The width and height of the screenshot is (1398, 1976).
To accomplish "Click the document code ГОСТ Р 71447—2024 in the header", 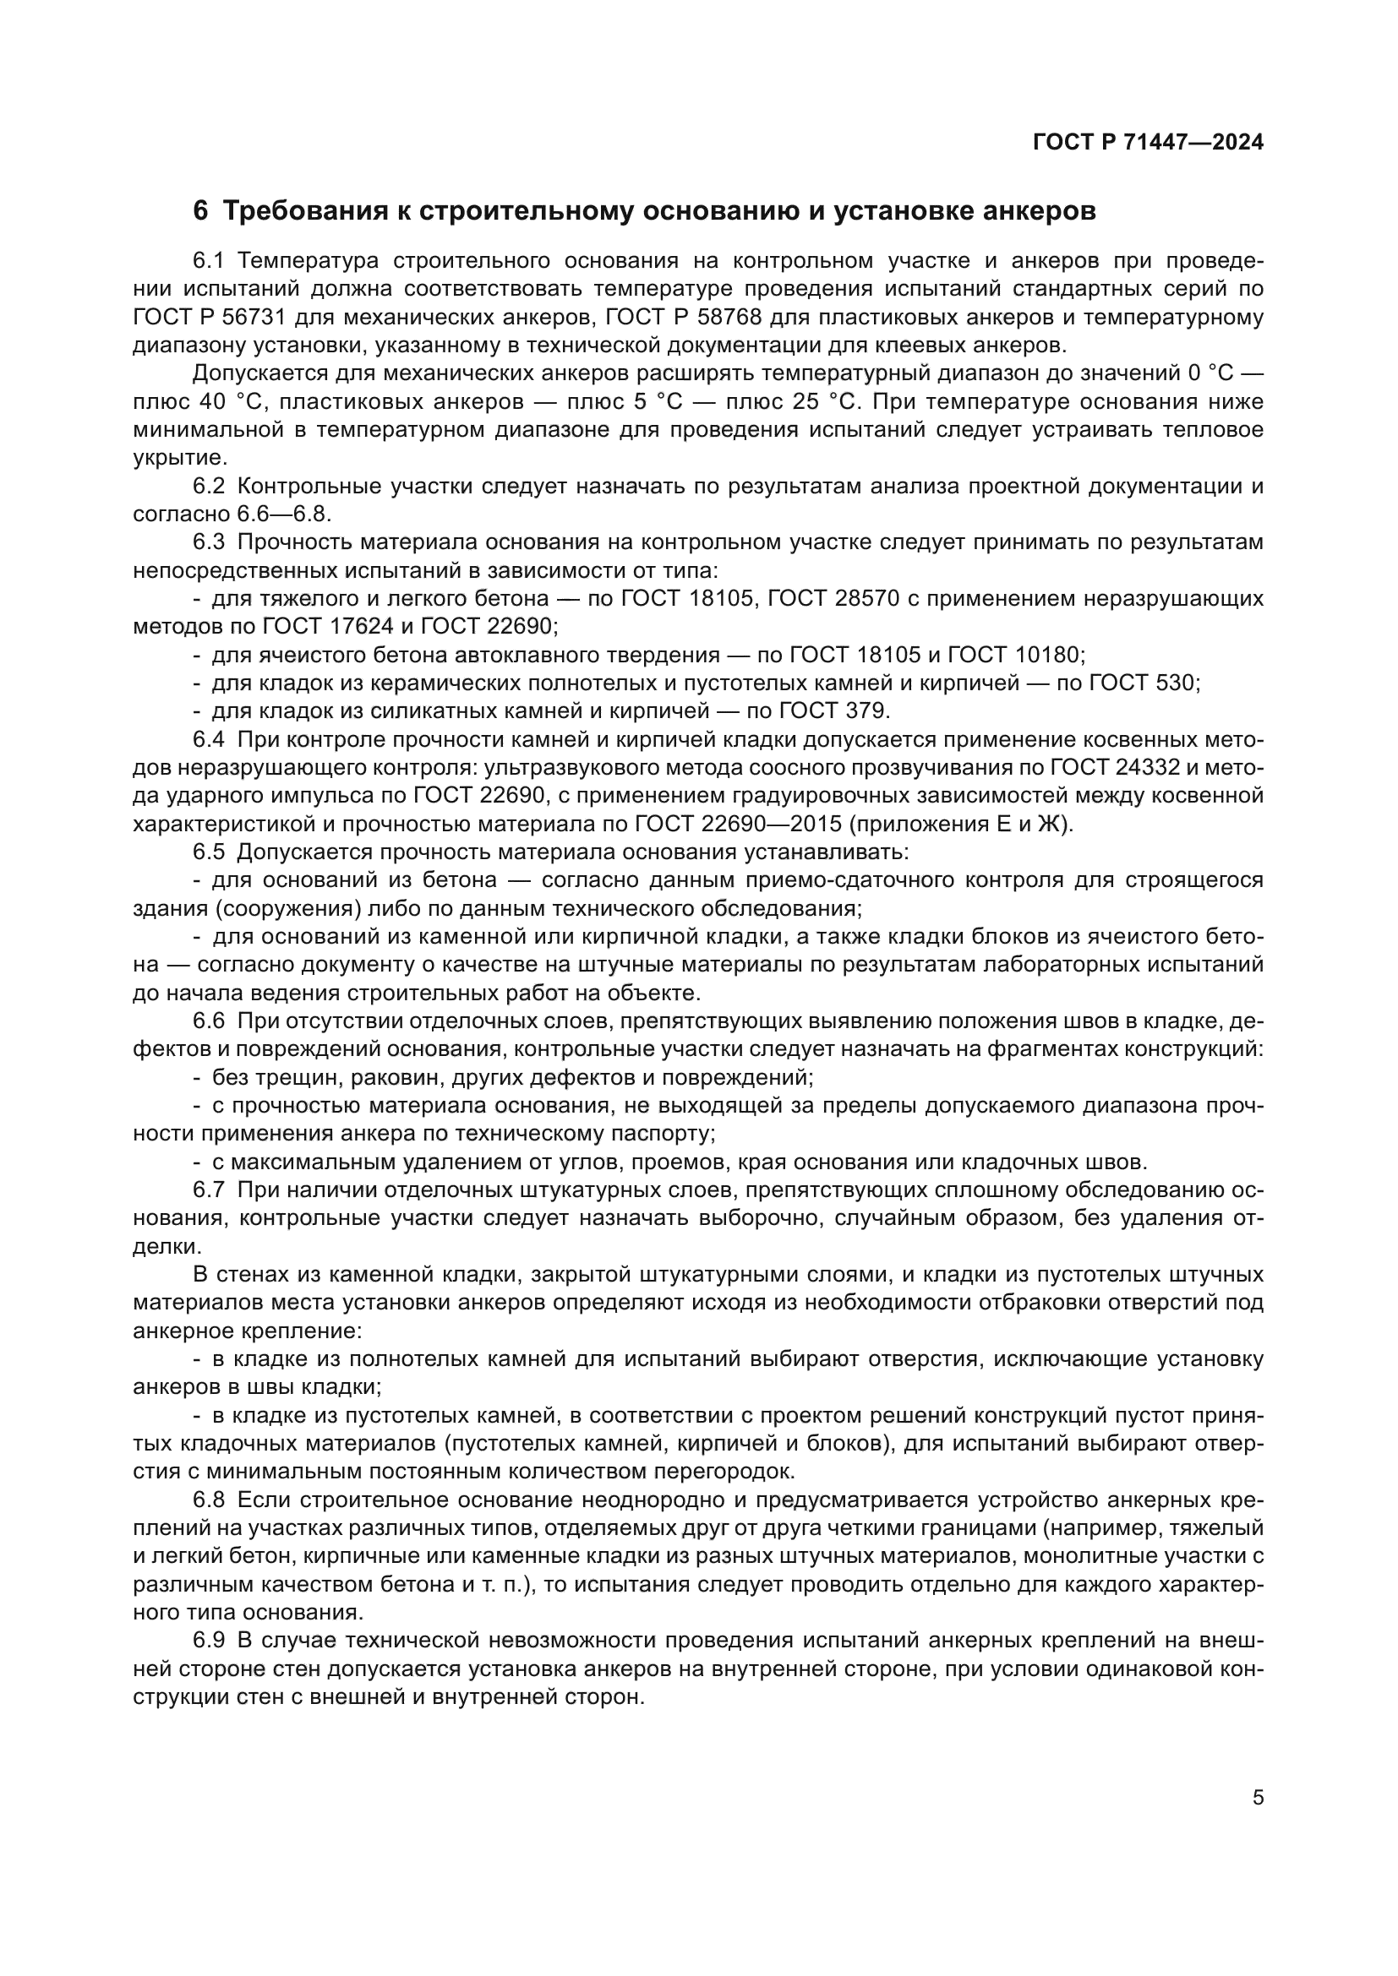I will [1148, 143].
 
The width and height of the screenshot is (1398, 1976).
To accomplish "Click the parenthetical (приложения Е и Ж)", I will [962, 824].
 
